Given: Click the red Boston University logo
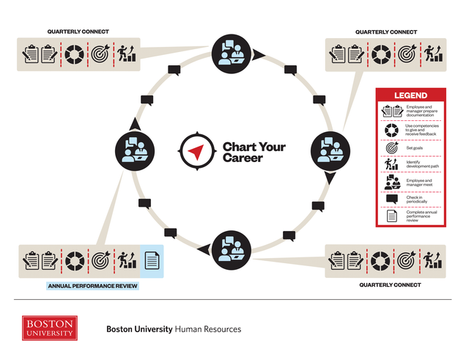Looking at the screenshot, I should click(x=49, y=328).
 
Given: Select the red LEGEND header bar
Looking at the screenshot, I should click(x=410, y=95).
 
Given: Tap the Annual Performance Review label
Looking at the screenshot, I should click(x=92, y=286).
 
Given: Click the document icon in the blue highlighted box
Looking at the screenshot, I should click(x=152, y=260).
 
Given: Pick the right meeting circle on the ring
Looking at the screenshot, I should click(x=329, y=149).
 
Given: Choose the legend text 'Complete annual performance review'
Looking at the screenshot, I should click(x=421, y=216).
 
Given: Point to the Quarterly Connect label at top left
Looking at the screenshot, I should click(x=78, y=32).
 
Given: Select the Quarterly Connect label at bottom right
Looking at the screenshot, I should click(x=390, y=284).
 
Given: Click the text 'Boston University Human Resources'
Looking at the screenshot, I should click(x=174, y=329).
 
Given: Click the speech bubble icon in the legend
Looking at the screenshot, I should click(x=391, y=199).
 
